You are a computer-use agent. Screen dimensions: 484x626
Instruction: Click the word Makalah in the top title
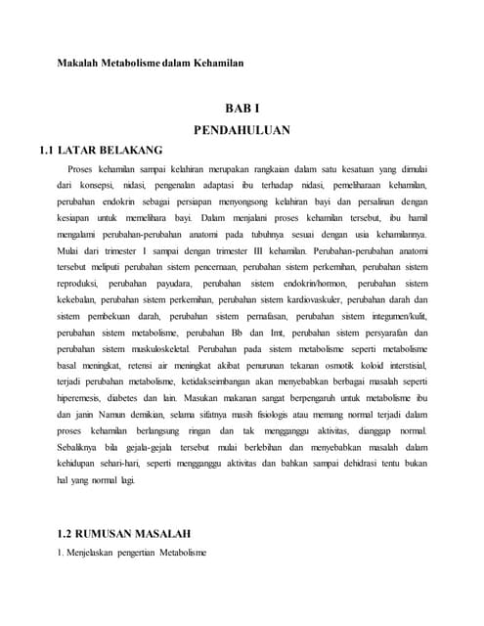click(x=76, y=64)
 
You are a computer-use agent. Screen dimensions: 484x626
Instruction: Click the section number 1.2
click(x=67, y=534)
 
